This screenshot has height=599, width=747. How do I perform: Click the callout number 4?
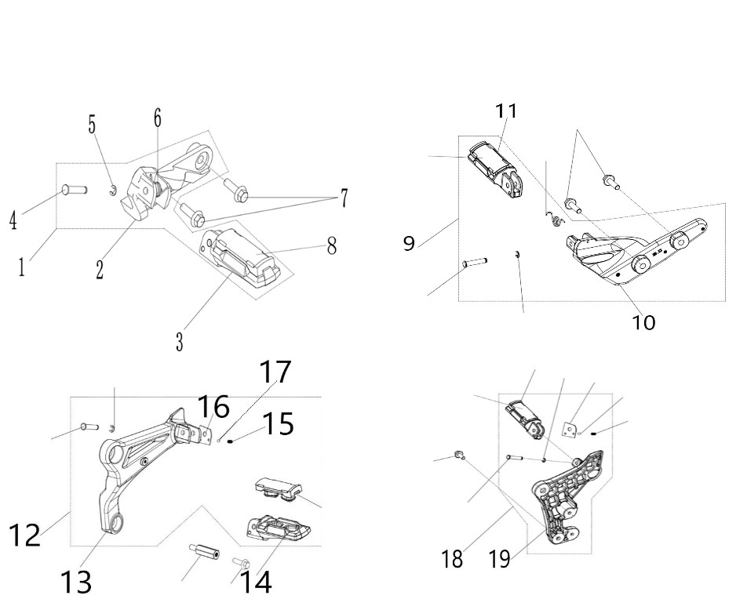point(13,221)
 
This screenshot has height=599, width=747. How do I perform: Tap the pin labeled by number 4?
point(75,191)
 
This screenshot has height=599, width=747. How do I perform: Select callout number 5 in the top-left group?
point(92,125)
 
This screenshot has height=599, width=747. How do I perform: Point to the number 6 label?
point(158,118)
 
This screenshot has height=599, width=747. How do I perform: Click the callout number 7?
point(343,198)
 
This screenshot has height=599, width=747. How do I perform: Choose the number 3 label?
point(179,342)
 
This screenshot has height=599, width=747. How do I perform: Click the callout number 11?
point(506,111)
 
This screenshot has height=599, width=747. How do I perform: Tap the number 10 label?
point(643,323)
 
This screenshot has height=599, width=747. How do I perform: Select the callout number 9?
point(409,243)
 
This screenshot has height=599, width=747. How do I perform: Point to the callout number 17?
point(275,372)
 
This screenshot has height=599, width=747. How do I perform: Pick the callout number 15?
point(279,423)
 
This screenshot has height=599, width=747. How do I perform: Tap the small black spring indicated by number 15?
point(230,441)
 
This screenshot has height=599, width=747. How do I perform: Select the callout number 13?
point(76,581)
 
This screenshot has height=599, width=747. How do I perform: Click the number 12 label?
point(24,535)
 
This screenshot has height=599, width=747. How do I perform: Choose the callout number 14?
point(256,581)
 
